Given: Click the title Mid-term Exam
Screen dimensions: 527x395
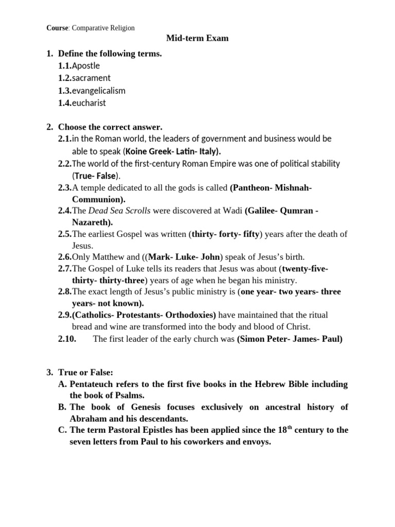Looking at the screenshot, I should click(x=197, y=38).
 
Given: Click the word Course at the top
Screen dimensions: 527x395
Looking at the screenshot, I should click(x=57, y=28).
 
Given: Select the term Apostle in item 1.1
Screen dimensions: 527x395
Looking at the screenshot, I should click(x=86, y=65).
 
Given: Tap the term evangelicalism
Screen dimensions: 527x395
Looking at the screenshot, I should click(x=99, y=90).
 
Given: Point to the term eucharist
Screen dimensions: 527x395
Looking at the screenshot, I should click(x=89, y=102).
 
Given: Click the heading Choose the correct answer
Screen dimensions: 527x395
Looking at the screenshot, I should click(x=110, y=127).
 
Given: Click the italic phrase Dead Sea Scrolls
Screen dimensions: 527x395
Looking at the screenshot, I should click(x=120, y=211).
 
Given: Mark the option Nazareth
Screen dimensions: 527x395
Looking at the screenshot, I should click(x=91, y=222).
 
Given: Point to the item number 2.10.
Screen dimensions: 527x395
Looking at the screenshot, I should click(x=68, y=339).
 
